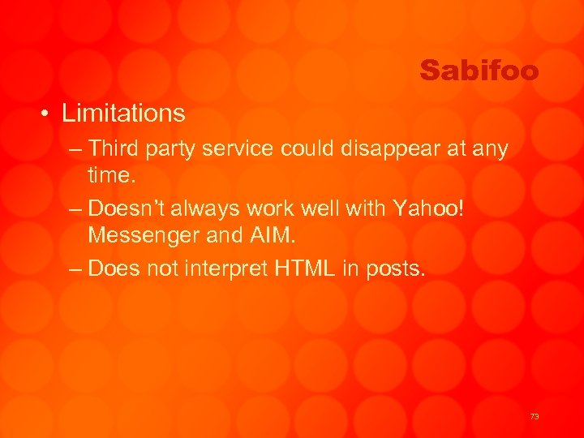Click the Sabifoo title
click(x=479, y=71)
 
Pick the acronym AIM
click(x=273, y=235)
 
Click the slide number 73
click(x=534, y=416)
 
